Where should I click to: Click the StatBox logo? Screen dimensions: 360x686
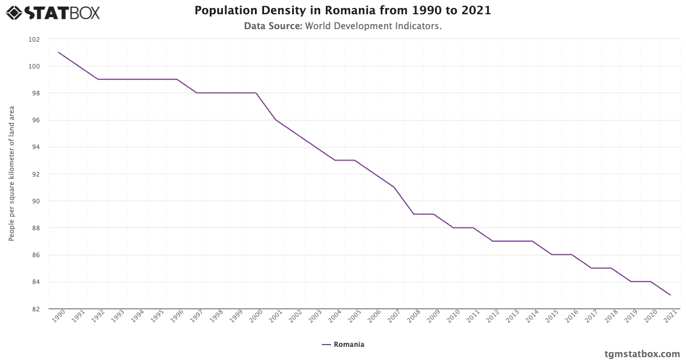pos(53,12)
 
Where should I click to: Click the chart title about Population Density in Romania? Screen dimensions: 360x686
pos(342,11)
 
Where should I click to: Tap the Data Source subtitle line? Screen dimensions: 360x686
pos(342,26)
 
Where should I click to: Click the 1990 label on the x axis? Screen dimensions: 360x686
pos(57,318)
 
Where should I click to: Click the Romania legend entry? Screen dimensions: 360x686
pos(342,345)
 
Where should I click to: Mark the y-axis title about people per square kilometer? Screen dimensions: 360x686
pos(11,174)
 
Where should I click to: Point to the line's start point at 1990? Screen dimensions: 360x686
pos(58,53)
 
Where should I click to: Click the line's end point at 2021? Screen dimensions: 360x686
pos(671,295)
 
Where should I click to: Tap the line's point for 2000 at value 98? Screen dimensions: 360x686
pos(256,93)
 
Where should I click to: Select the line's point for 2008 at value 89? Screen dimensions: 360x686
pos(414,214)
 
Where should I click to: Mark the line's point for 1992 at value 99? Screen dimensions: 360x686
pos(98,79)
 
